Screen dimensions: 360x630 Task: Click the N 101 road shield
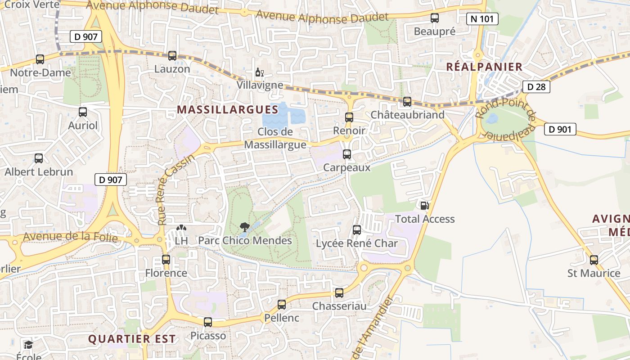[x=482, y=19]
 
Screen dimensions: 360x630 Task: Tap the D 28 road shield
[x=536, y=87]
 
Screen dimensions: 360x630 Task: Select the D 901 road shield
[x=560, y=130]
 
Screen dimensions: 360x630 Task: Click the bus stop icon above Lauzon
[x=172, y=56]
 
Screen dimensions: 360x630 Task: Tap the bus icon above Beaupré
[x=435, y=18]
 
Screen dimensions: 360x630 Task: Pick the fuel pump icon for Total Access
[x=424, y=206]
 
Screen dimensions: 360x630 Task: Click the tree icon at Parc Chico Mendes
[x=245, y=227]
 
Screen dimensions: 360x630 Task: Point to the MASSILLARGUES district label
[x=228, y=109]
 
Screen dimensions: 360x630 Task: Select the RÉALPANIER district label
[x=484, y=67]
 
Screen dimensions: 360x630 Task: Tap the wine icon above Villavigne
[x=259, y=72]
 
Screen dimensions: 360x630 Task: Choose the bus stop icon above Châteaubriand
[x=407, y=102]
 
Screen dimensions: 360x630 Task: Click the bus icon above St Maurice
[x=594, y=260]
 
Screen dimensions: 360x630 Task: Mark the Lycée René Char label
[x=357, y=243]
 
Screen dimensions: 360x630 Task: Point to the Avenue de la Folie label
[x=70, y=237]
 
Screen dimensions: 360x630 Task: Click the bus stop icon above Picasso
[x=208, y=322]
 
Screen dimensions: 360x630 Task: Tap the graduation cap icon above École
[x=29, y=345]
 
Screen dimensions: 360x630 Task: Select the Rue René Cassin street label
[x=175, y=189]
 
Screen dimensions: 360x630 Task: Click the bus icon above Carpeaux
[x=347, y=154]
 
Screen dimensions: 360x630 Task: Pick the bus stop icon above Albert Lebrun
[x=39, y=158]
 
